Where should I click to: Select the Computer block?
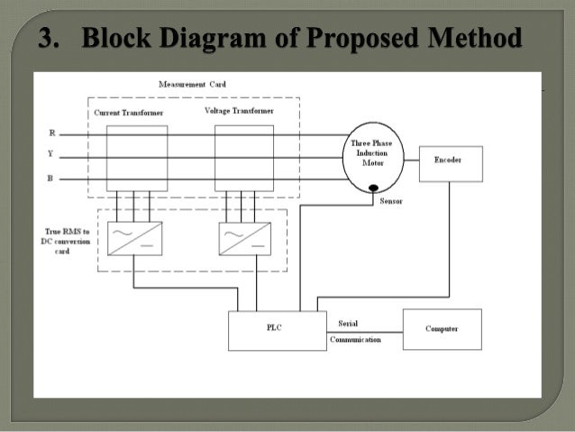coord(442,329)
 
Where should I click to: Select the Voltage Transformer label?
coord(239,110)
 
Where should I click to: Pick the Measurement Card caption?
coord(192,83)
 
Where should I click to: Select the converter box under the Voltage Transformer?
coord(245,237)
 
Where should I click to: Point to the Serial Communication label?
coord(354,331)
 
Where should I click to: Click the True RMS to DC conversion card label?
coord(65,241)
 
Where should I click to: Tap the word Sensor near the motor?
coord(391,201)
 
